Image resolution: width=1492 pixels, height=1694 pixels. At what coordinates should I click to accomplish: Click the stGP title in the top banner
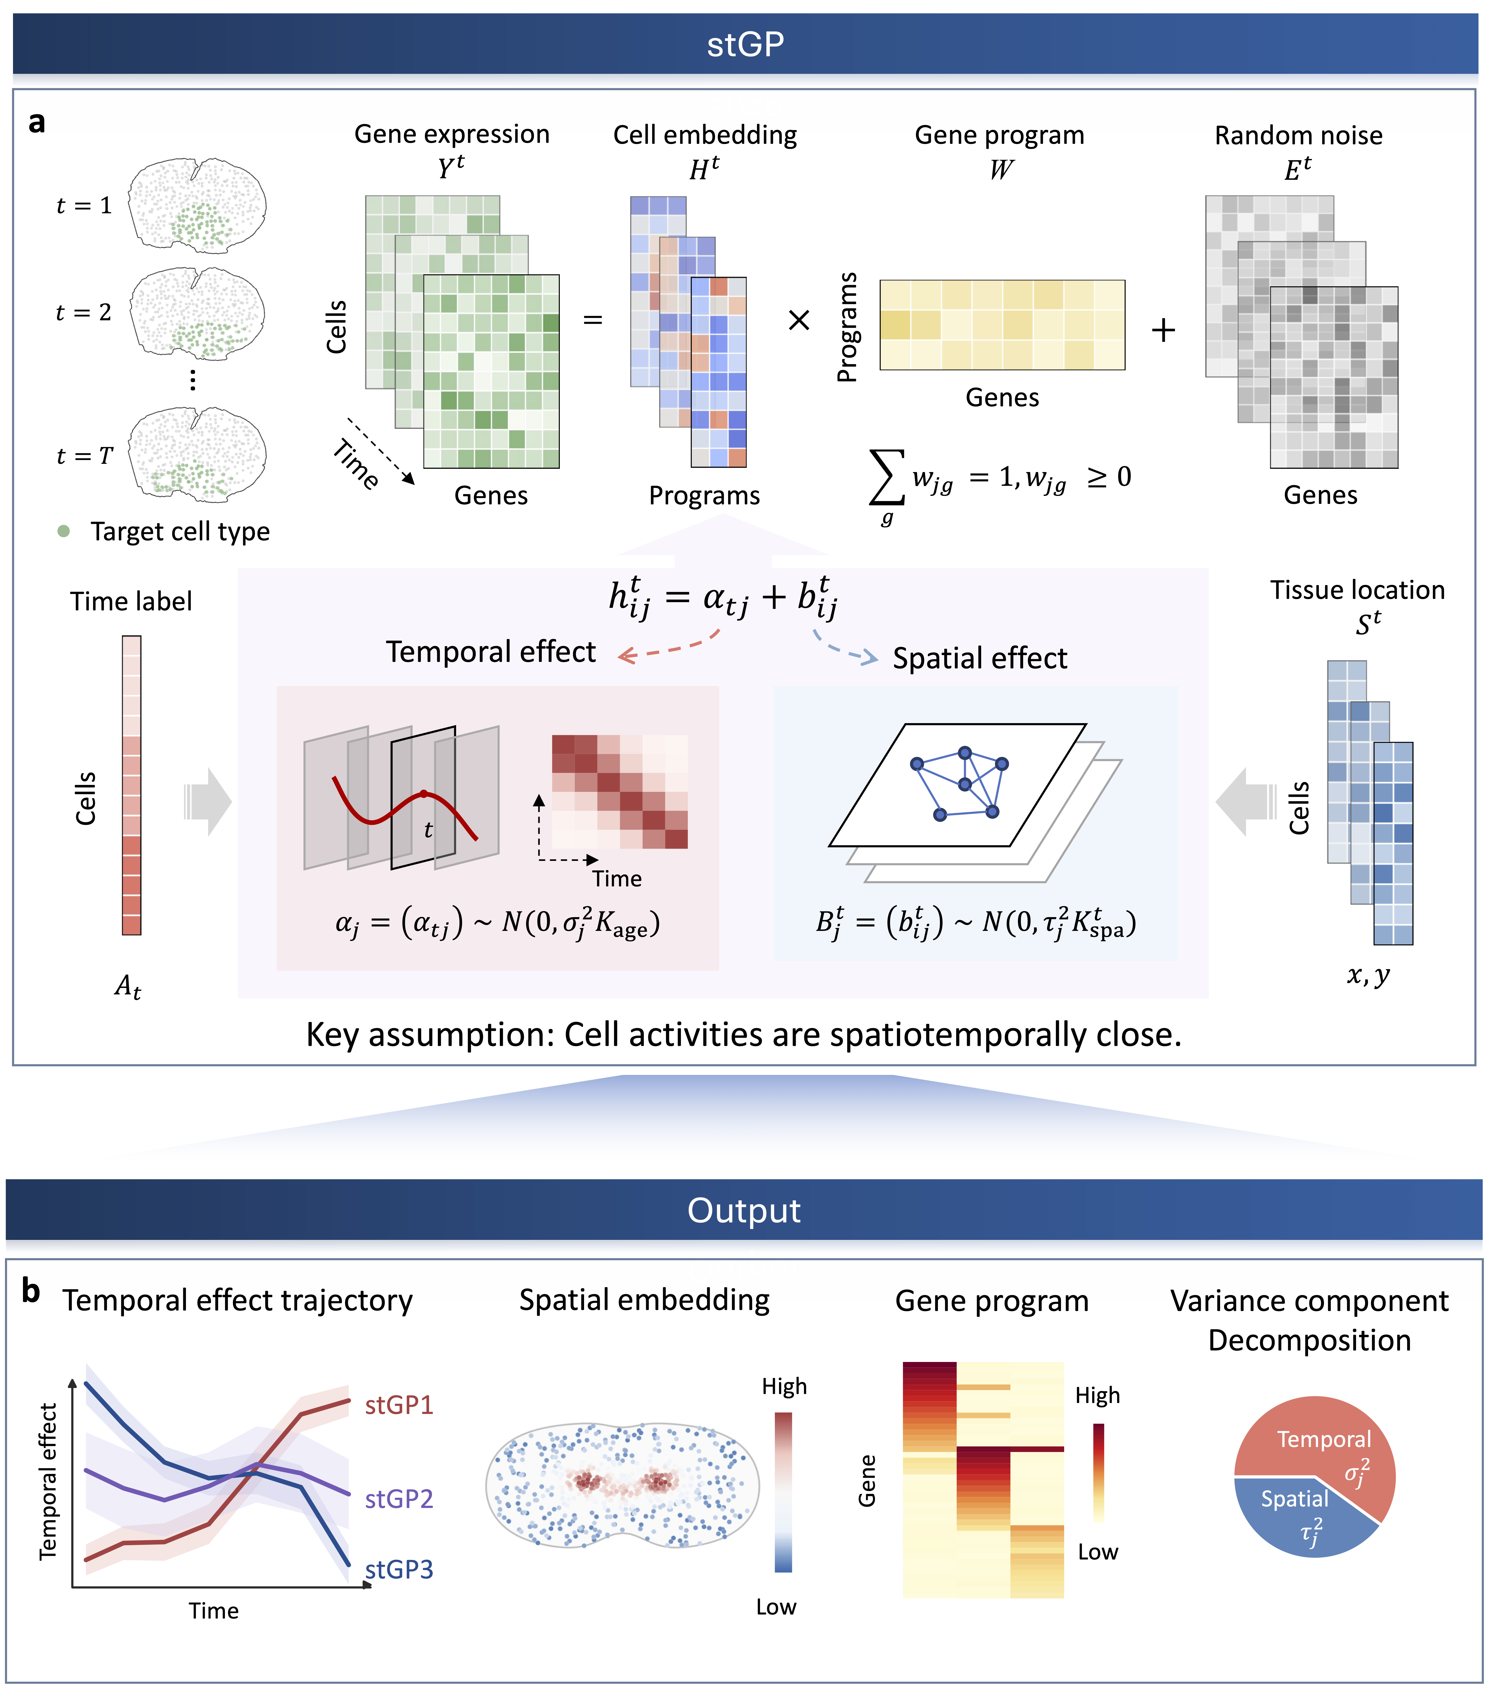[x=745, y=44]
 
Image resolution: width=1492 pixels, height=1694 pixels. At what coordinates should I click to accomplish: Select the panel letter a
[x=36, y=123]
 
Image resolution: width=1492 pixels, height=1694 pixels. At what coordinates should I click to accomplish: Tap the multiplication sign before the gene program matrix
[x=798, y=320]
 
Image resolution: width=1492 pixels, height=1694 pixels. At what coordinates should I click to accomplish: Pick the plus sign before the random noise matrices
[x=1163, y=330]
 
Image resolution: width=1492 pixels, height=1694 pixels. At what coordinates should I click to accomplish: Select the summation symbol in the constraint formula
[x=886, y=477]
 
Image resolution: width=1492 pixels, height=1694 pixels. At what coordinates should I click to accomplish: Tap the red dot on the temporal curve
[x=423, y=793]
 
